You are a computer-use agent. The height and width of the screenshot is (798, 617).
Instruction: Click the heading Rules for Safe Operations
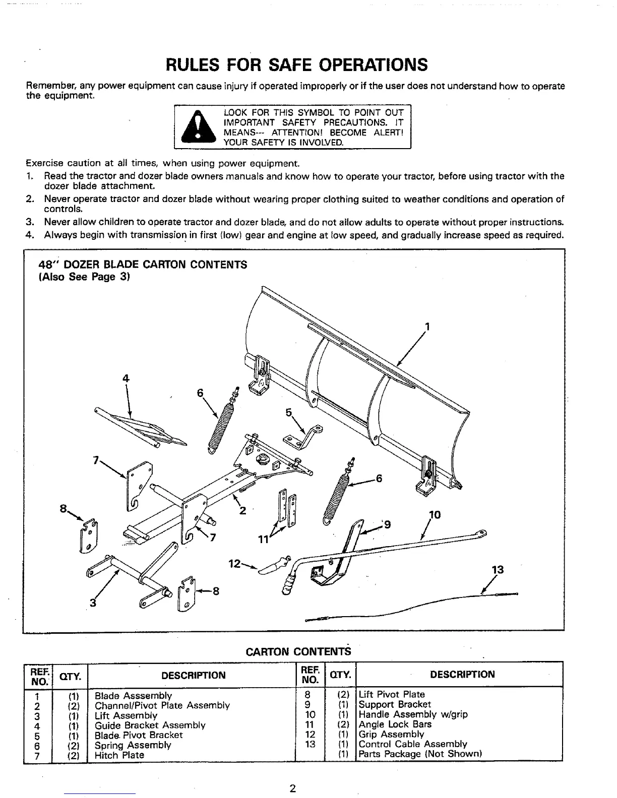coord(297,65)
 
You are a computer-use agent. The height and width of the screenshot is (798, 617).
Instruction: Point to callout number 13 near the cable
coord(498,570)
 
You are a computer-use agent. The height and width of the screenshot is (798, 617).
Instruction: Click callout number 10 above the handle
coord(435,515)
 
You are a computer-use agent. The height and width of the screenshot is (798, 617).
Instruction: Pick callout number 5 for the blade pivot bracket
coord(289,412)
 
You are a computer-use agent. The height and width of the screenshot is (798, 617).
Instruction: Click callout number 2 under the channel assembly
coord(242,510)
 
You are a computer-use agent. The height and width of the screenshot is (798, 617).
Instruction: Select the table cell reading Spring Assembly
coord(133,745)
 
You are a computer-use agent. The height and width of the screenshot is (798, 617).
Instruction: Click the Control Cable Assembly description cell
coord(413,744)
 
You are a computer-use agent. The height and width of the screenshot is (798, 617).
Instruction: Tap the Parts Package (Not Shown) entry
coord(420,754)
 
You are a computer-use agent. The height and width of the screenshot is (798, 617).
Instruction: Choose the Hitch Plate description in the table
coord(119,755)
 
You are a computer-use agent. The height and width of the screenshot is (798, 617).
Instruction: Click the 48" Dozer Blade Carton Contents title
coord(143,265)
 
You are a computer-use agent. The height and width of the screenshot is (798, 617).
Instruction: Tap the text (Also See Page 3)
coord(85,277)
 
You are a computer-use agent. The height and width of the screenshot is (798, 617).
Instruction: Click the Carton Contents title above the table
coord(298,651)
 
